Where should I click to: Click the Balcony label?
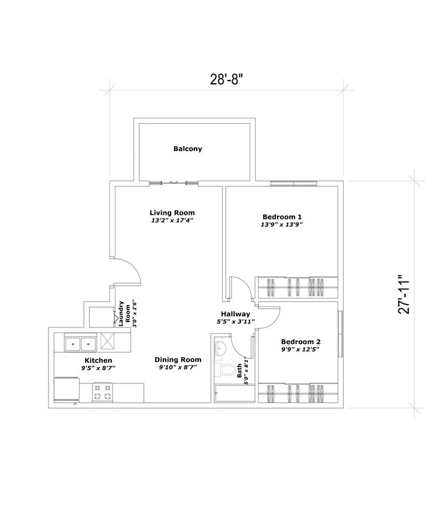[188, 149]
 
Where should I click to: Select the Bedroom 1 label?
[282, 217]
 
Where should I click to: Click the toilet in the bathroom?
[227, 369]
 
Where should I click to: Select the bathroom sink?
[220, 348]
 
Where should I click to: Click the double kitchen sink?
[80, 344]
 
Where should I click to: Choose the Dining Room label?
[177, 359]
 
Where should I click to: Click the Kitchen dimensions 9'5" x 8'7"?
[98, 368]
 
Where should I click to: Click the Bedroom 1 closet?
[296, 286]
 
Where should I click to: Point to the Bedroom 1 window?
[294, 183]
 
